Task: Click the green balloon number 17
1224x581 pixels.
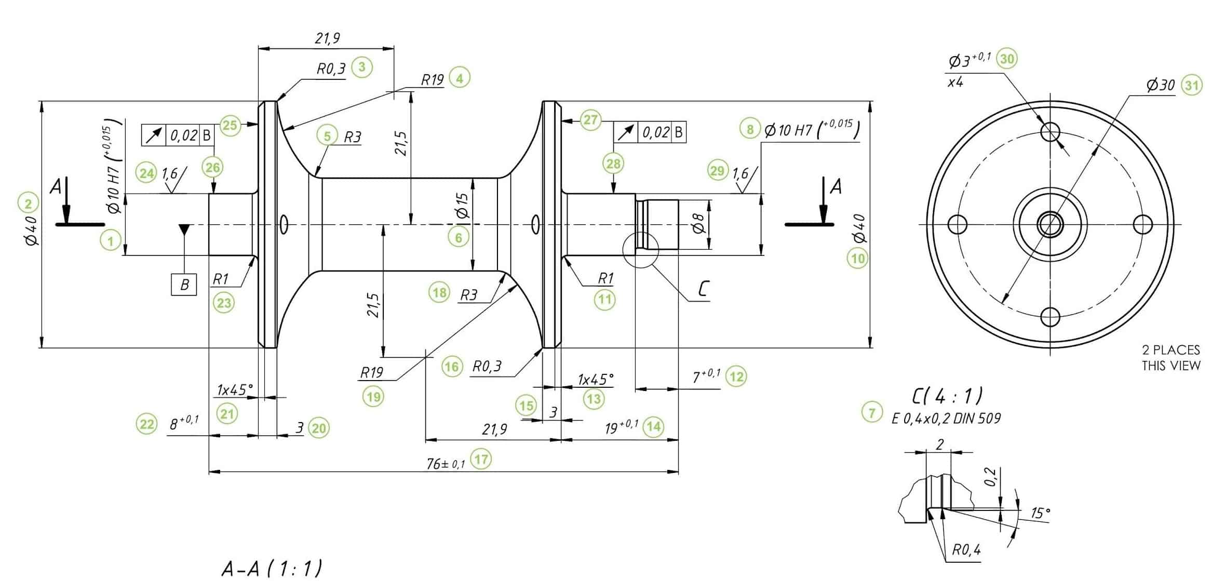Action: pyautogui.click(x=481, y=459)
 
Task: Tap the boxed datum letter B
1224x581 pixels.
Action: pyautogui.click(x=184, y=285)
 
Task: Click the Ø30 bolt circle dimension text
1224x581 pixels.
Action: pyautogui.click(x=1160, y=85)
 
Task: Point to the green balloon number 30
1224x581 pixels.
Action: pyautogui.click(x=1007, y=59)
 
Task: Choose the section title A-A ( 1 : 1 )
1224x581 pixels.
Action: pyautogui.click(x=272, y=568)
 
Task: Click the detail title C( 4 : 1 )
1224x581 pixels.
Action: pyautogui.click(x=947, y=396)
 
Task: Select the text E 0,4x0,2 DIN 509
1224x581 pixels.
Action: pyautogui.click(x=946, y=418)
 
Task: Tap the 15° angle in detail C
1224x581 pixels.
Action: pyautogui.click(x=1040, y=513)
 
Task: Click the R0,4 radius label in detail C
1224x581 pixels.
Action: pyautogui.click(x=966, y=550)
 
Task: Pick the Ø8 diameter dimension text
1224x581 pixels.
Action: pyautogui.click(x=699, y=224)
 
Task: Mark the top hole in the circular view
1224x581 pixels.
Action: pyautogui.click(x=1050, y=130)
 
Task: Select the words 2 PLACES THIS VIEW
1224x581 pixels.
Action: pyautogui.click(x=1171, y=357)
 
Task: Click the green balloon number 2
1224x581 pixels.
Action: pyautogui.click(x=28, y=203)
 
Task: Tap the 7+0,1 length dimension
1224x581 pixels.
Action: pyautogui.click(x=706, y=376)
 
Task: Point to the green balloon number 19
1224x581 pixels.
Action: pyautogui.click(x=373, y=397)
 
